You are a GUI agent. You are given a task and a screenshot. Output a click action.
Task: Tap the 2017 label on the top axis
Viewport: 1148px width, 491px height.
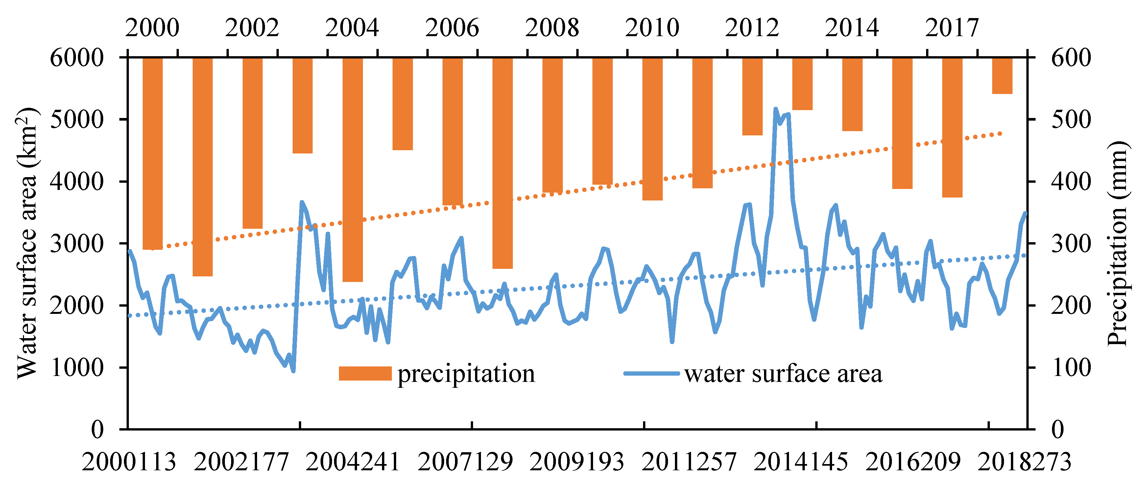click(x=952, y=28)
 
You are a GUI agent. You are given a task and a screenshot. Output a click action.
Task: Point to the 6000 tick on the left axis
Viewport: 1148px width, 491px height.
click(x=77, y=58)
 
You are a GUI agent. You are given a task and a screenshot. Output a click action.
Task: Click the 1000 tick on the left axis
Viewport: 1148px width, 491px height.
click(x=77, y=367)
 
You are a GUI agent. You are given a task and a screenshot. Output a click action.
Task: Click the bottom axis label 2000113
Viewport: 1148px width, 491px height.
click(x=129, y=462)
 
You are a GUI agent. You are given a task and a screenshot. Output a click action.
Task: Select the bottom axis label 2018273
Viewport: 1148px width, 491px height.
click(x=1024, y=462)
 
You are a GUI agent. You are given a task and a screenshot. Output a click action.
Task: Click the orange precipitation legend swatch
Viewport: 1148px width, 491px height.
click(x=365, y=373)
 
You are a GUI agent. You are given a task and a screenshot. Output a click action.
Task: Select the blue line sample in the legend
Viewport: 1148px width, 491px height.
click(x=652, y=373)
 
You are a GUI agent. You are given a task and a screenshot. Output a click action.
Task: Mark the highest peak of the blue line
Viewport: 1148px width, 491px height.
click(x=776, y=109)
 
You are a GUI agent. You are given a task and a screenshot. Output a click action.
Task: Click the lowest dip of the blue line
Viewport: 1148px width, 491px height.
click(x=293, y=371)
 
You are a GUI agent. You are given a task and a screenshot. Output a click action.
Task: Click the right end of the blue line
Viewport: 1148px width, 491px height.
click(x=1025, y=213)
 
